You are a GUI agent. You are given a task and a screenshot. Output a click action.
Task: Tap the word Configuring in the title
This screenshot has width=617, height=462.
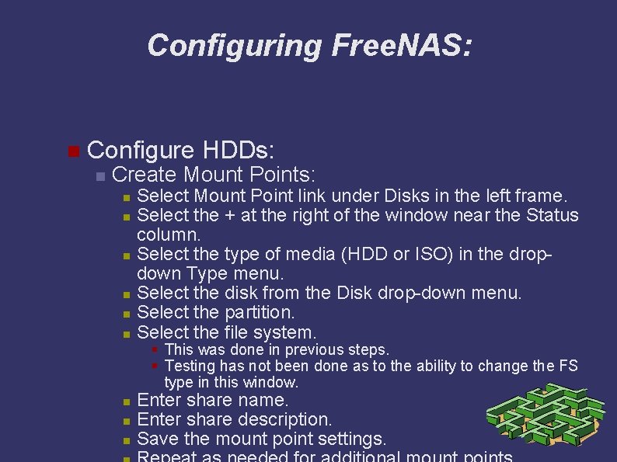(234, 46)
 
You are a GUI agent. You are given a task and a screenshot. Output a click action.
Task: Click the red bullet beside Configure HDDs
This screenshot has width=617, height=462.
(73, 150)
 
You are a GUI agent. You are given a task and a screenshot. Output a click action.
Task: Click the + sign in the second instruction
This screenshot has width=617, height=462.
(230, 215)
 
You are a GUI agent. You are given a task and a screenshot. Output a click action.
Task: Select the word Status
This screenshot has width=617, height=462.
(553, 215)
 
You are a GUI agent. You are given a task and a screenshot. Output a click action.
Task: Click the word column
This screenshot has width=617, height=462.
(169, 234)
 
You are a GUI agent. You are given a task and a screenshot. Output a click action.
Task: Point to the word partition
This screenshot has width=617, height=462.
(256, 313)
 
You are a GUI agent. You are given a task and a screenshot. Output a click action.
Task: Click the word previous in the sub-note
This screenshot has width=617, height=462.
(309, 350)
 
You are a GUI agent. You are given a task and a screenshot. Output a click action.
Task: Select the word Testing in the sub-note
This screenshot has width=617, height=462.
(191, 366)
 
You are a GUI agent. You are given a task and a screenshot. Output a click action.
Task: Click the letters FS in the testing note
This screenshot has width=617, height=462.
(568, 366)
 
